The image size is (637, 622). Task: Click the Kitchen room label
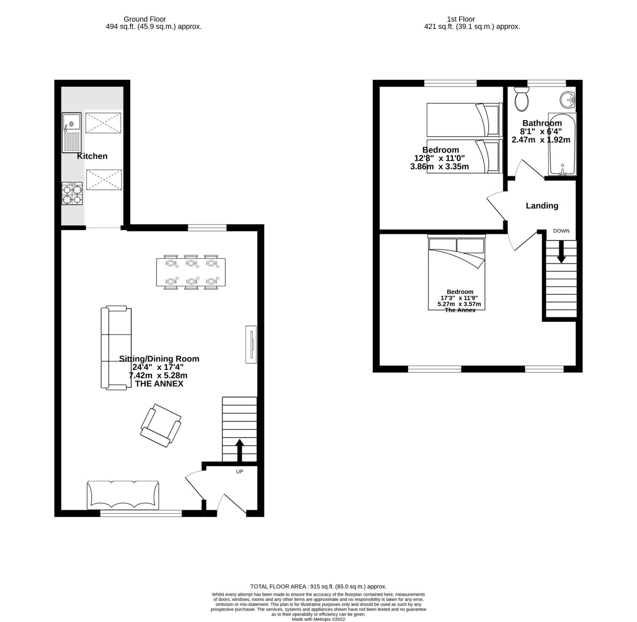click(x=92, y=156)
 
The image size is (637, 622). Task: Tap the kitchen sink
click(x=71, y=133)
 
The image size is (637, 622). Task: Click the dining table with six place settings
click(x=191, y=272)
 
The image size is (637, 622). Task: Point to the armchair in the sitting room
click(x=161, y=425)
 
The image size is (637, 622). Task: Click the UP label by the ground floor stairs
click(x=240, y=471)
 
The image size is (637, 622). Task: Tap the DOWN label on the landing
click(x=561, y=231)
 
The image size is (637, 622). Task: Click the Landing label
click(x=542, y=205)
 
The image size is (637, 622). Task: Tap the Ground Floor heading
click(x=145, y=19)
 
